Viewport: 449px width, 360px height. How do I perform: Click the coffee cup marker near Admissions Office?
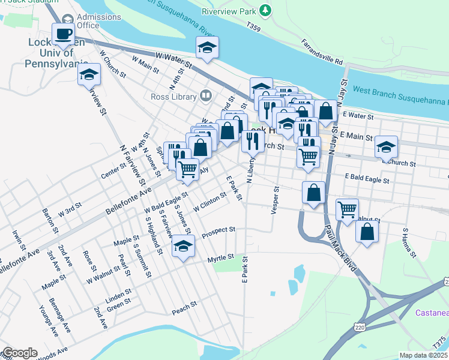point(63,34)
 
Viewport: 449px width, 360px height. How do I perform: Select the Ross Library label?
point(174,97)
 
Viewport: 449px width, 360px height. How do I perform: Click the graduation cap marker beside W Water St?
point(206,47)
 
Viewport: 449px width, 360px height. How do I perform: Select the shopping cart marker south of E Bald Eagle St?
point(348,210)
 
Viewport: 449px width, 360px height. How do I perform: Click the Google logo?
point(20,353)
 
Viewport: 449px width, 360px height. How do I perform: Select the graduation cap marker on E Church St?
point(386,147)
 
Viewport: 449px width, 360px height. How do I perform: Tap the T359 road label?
point(255,28)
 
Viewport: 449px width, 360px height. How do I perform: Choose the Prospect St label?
point(218,230)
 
